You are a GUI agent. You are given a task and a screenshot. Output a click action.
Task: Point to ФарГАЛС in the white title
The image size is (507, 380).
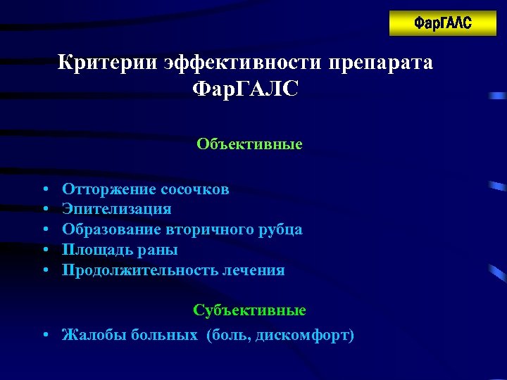pyautogui.click(x=245, y=90)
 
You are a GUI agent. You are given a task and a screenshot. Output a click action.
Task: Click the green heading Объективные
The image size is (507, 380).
pyautogui.click(x=249, y=144)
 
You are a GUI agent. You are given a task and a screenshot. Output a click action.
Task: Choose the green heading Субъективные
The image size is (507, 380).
pyautogui.click(x=249, y=310)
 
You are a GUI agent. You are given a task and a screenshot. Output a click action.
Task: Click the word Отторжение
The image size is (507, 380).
pyautogui.click(x=108, y=189)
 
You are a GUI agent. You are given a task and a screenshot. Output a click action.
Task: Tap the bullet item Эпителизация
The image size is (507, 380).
pyautogui.click(x=116, y=209)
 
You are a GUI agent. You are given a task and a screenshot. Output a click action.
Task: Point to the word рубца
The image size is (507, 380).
pyautogui.click(x=285, y=229)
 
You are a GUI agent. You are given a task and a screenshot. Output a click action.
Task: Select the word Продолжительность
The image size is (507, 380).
pyautogui.click(x=138, y=270)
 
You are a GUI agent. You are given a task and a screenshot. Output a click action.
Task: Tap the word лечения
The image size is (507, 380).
pyautogui.click(x=252, y=270)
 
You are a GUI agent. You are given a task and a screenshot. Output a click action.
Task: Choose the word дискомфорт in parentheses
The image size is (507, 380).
pyautogui.click(x=308, y=335)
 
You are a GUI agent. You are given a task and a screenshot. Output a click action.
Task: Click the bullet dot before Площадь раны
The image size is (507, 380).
pyautogui.click(x=44, y=251)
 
